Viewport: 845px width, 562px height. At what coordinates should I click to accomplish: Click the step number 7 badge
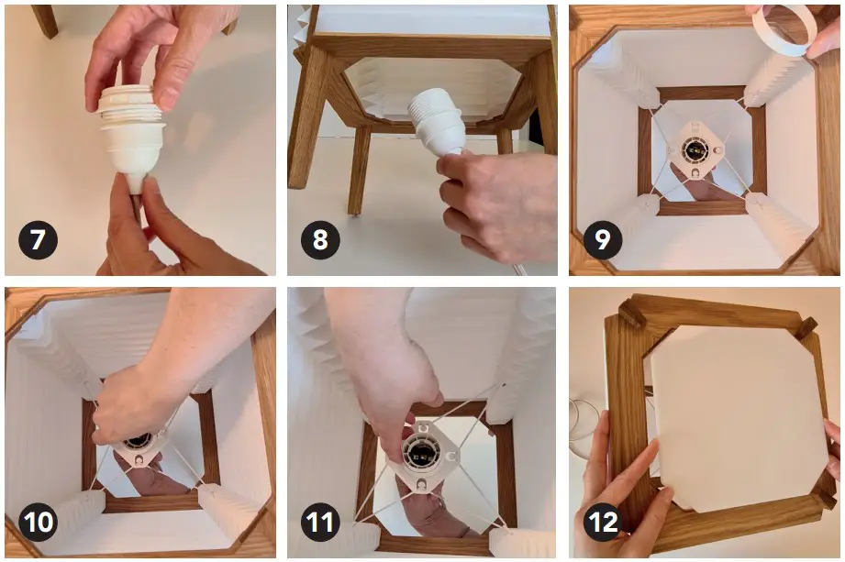[38, 240]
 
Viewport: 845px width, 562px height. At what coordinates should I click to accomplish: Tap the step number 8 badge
[320, 240]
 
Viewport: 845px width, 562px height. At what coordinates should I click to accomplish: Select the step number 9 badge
[603, 240]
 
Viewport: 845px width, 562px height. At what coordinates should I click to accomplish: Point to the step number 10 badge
[38, 522]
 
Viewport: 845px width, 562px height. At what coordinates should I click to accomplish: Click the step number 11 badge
[320, 522]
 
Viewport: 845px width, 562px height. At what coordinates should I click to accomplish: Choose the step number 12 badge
[603, 522]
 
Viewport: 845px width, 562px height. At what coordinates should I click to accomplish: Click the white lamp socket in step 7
[132, 136]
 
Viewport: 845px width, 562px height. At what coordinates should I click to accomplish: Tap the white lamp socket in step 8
[437, 123]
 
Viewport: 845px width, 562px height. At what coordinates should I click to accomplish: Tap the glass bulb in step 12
[584, 428]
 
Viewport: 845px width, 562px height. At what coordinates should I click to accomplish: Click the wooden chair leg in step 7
[45, 21]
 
